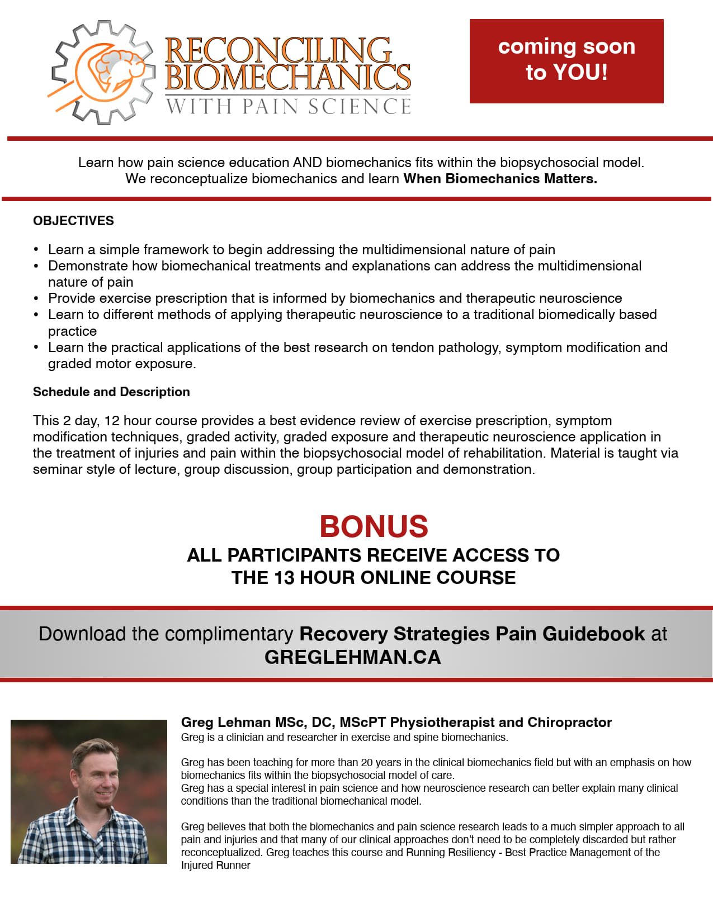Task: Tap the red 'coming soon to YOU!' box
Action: tap(566, 61)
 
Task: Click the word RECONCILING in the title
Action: tap(278, 50)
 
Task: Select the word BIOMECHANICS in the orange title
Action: tap(288, 77)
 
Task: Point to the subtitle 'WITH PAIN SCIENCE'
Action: tap(289, 106)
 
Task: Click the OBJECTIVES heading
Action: tap(73, 221)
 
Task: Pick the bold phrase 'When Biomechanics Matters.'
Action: tap(500, 179)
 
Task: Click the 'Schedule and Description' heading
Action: tap(111, 392)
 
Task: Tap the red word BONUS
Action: tap(374, 526)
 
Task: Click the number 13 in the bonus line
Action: tap(284, 578)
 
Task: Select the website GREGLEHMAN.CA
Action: tap(352, 657)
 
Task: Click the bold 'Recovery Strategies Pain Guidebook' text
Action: tap(472, 634)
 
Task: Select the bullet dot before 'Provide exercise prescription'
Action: tap(36, 299)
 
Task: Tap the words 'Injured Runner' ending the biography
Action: tap(215, 866)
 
